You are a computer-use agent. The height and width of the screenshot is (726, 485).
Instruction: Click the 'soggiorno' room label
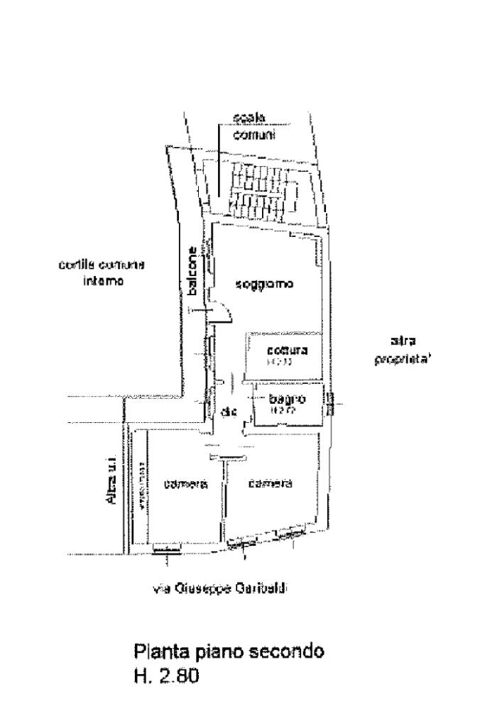265,285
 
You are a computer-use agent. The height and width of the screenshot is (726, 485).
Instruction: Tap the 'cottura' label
287,351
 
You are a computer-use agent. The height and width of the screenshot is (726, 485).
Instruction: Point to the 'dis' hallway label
228,412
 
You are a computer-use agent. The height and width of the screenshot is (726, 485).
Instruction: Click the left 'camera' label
185,485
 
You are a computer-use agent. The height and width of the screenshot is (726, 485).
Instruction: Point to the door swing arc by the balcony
222,313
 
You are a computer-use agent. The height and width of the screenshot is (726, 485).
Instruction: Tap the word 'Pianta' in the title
158,651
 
